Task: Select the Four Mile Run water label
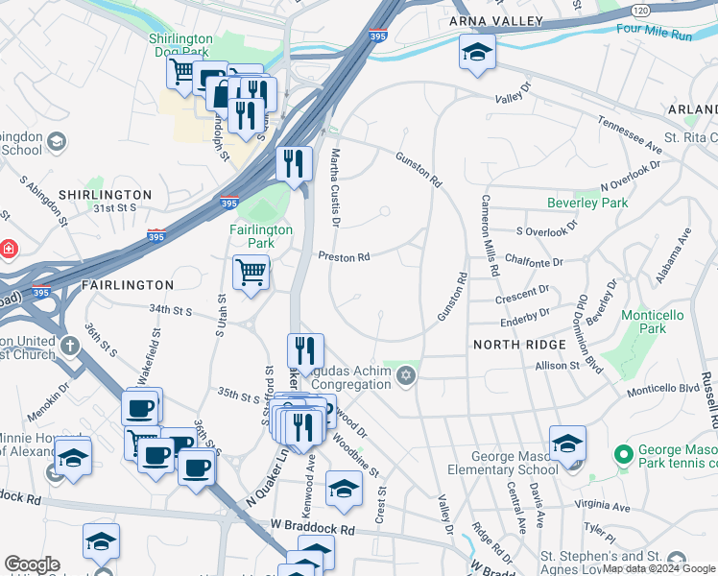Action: (x=655, y=30)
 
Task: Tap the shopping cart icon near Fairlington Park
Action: (x=251, y=273)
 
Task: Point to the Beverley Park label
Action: (x=587, y=203)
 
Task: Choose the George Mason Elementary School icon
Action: (x=568, y=444)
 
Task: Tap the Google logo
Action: (x=32, y=564)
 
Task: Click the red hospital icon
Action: (x=9, y=249)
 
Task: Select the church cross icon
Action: (x=69, y=345)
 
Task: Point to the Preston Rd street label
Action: (x=344, y=257)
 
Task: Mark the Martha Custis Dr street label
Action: (x=335, y=188)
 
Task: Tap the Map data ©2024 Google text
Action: (x=658, y=569)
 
